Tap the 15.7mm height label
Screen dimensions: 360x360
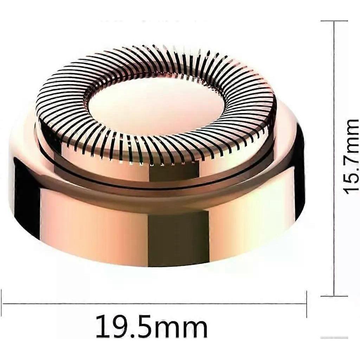tap(351, 156)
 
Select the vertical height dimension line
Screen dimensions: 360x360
tap(334, 159)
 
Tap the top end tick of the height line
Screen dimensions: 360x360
tap(334, 21)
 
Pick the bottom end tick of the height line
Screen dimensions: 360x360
tap(334, 296)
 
